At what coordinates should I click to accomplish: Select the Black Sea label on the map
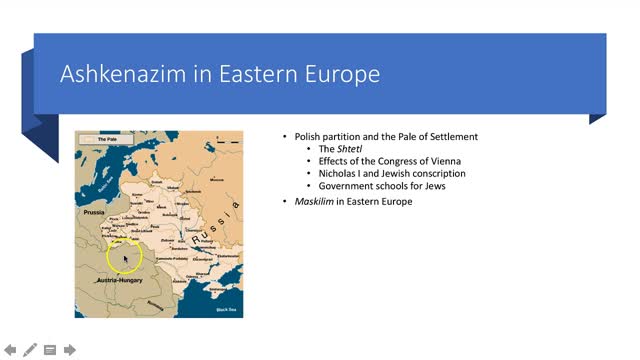[228, 311]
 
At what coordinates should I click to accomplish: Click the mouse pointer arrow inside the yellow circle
[125, 260]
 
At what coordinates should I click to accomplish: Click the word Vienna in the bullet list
[444, 161]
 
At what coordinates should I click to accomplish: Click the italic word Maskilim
[314, 202]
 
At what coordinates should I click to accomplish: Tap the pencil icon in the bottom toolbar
[30, 349]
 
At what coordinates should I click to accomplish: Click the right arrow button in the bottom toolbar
[70, 349]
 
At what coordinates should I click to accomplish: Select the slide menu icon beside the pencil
[50, 349]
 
